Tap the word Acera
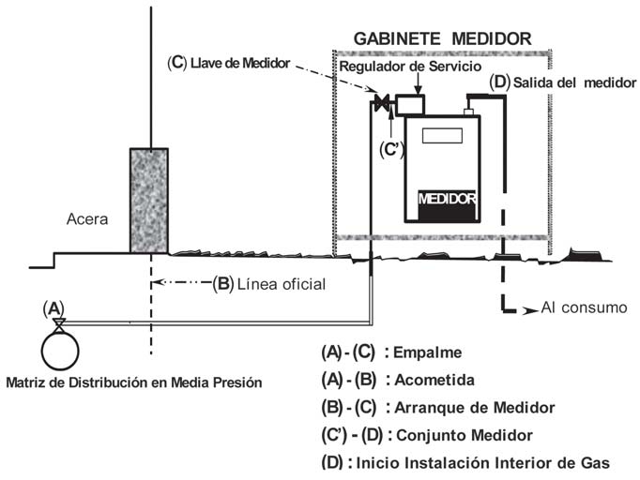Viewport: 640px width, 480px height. [x=88, y=220]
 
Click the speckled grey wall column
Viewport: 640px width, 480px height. [x=148, y=200]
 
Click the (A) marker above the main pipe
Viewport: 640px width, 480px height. [x=54, y=307]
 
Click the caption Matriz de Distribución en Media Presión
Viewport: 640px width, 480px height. [x=133, y=382]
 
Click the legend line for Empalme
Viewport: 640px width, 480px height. [x=393, y=352]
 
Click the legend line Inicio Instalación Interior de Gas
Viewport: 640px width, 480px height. [x=465, y=462]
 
